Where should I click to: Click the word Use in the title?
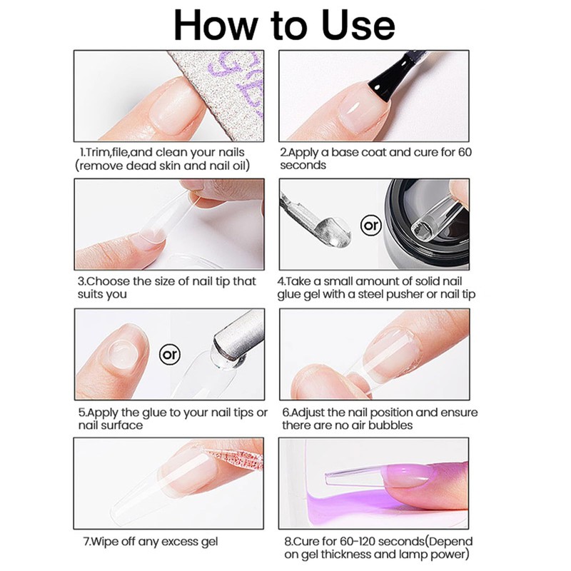(x=358, y=26)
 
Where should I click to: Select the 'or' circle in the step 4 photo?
(x=370, y=226)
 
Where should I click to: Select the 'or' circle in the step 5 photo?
(x=170, y=354)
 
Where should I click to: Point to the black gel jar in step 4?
(x=426, y=224)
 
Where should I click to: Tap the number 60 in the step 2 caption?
(x=465, y=152)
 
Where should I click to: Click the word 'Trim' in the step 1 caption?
(x=96, y=152)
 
